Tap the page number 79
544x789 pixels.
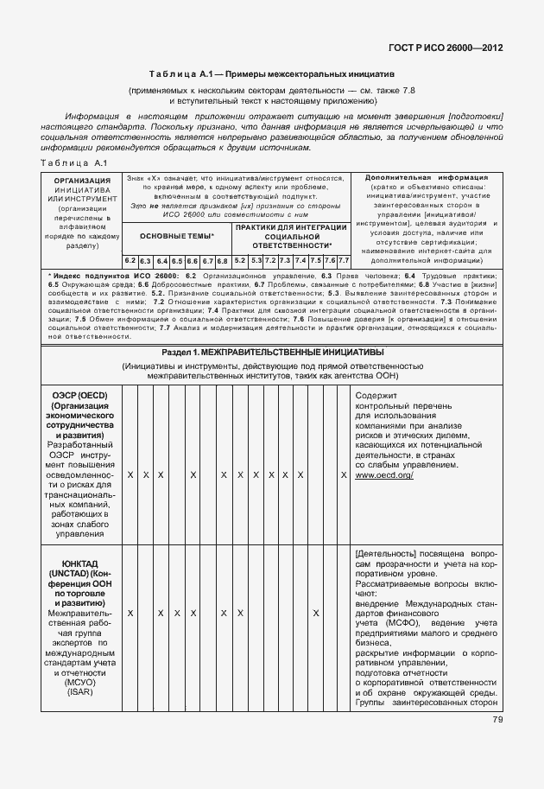point(498,720)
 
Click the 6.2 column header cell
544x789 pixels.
point(130,260)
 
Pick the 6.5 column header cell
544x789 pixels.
point(176,260)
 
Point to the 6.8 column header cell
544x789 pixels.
point(222,260)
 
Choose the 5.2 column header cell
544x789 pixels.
point(240,260)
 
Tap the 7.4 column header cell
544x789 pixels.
point(300,260)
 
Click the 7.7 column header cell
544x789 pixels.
point(343,260)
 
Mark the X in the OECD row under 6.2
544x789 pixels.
point(130,475)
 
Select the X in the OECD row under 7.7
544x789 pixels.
point(344,475)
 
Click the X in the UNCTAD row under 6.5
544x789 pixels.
point(176,613)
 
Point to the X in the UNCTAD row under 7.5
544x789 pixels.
point(315,613)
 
